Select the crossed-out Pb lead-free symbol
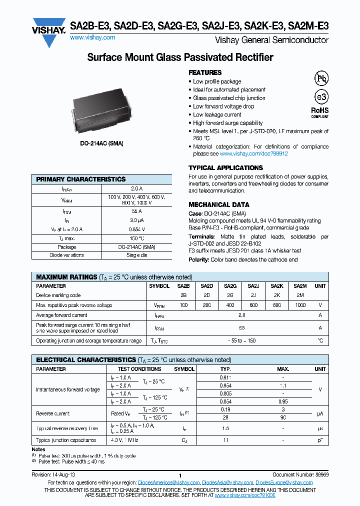click(x=320, y=78)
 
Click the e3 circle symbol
click(x=320, y=97)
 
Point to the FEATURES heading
click(x=205, y=72)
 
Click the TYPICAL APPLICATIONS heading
click(x=225, y=168)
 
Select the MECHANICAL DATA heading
click(x=218, y=204)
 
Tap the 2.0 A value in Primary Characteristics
click(x=136, y=189)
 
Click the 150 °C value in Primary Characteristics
click(x=136, y=239)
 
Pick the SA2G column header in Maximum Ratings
click(x=230, y=286)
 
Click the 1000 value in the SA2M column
click(x=300, y=305)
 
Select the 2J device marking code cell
click(x=253, y=295)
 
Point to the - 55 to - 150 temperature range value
click(x=242, y=340)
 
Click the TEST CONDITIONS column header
click(x=139, y=369)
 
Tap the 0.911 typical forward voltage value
click(x=225, y=377)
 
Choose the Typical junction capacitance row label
click(x=66, y=440)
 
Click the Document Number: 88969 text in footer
click(x=300, y=475)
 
